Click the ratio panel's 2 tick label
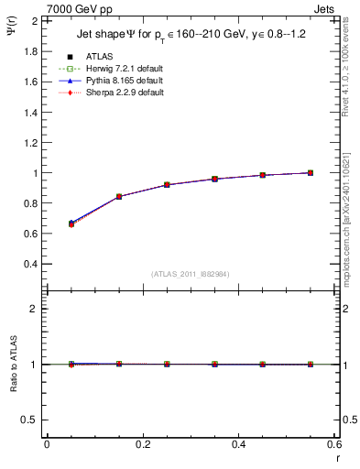[35, 310]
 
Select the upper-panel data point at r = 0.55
[311, 172]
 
